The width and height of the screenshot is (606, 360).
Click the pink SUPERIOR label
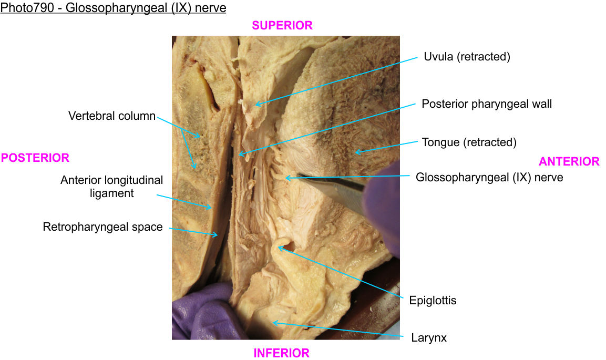282,25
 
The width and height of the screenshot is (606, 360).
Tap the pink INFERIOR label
282,353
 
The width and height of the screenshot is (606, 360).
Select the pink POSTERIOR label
35,158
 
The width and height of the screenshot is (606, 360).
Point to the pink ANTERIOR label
569,161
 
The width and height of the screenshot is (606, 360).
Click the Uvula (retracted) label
467,57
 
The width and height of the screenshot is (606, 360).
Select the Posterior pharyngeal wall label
487,104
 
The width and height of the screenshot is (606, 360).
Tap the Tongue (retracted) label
469,142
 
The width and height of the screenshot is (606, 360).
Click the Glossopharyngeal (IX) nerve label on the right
489,178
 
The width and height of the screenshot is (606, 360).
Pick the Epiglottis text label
433,301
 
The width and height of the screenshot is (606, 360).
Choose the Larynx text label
429,338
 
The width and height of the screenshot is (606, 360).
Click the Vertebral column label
112,116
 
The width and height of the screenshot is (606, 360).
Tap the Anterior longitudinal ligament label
111,187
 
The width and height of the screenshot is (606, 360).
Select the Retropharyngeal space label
103,227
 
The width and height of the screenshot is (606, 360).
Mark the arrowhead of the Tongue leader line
356,152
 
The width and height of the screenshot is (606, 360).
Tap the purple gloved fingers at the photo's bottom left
202,313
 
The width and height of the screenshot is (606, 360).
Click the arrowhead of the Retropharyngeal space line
217,235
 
